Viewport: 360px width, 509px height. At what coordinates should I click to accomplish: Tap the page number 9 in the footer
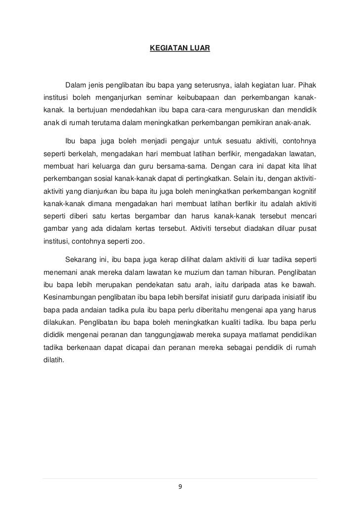click(180, 486)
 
